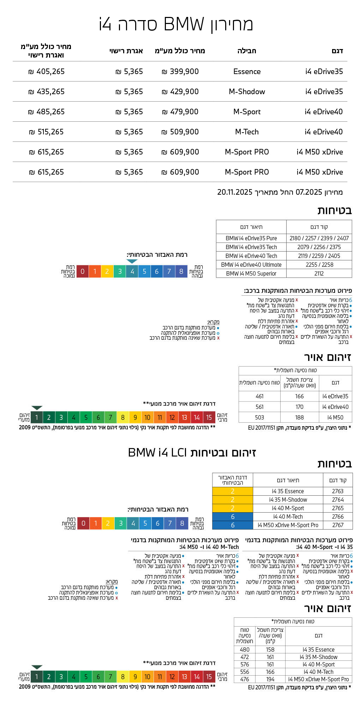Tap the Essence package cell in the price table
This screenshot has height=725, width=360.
pyautogui.click(x=247, y=72)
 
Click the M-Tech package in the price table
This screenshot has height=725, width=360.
pyautogui.click(x=247, y=132)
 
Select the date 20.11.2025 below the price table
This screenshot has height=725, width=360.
pyautogui.click(x=235, y=192)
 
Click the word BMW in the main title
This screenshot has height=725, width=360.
pyautogui.click(x=184, y=24)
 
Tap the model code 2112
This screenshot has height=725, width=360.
pyautogui.click(x=319, y=273)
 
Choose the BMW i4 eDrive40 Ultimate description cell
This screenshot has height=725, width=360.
pyautogui.click(x=251, y=265)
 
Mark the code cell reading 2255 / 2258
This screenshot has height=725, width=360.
pyautogui.click(x=319, y=265)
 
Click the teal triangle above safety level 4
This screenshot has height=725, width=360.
pyautogui.click(x=132, y=261)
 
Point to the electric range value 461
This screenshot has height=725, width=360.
pyautogui.click(x=259, y=396)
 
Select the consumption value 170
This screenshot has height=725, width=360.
pyautogui.click(x=299, y=407)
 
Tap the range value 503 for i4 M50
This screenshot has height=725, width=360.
pyautogui.click(x=259, y=417)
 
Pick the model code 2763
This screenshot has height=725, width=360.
pyautogui.click(x=337, y=491)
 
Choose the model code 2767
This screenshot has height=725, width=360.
pyautogui.click(x=337, y=525)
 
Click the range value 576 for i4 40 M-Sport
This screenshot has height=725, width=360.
pyautogui.click(x=245, y=664)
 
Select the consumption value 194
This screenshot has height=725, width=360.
pyautogui.click(x=270, y=679)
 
